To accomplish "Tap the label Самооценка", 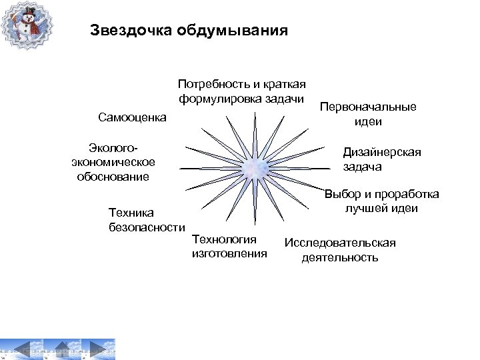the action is [131, 118].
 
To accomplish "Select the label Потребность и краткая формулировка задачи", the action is [241, 92].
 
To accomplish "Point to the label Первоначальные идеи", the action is [368, 114].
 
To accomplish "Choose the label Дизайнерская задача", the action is [381, 159].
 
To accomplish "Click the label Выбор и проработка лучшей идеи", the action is [381, 201].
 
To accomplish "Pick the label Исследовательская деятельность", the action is [340, 250].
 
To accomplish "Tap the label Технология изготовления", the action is [229, 246].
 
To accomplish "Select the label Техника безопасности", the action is [146, 220].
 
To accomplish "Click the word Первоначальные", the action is [368, 107].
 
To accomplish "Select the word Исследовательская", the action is [340, 243].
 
